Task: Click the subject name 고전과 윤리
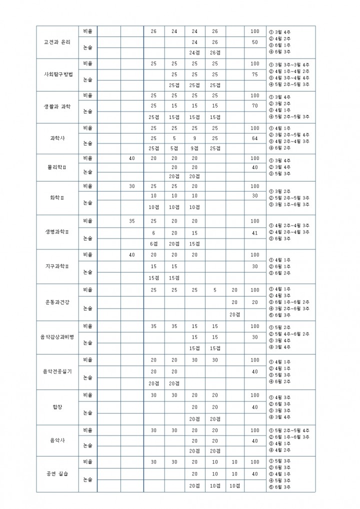click(x=57, y=41)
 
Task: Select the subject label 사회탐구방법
click(x=58, y=74)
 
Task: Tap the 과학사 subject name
click(x=57, y=138)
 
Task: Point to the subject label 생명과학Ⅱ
click(x=57, y=232)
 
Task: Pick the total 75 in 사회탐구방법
click(x=255, y=74)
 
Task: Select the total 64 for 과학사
click(x=255, y=138)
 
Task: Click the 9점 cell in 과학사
click(x=194, y=148)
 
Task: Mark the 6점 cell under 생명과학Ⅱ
click(x=153, y=243)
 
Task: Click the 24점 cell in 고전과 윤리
click(x=194, y=52)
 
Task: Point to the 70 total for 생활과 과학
click(x=255, y=106)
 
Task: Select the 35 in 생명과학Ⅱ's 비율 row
click(x=132, y=220)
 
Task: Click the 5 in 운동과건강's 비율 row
click(x=215, y=290)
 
